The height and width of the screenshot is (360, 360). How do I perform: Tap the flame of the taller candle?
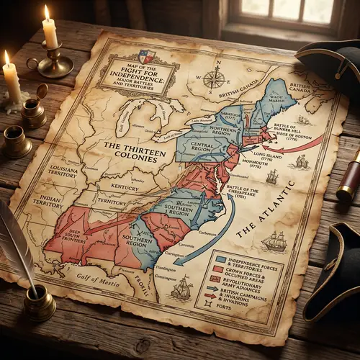pos(47,12)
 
